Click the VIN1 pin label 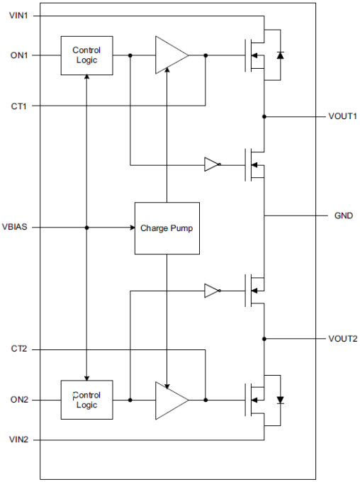pyautogui.click(x=18, y=16)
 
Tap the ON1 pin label pyautogui.click(x=19, y=55)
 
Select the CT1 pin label pyautogui.click(x=18, y=106)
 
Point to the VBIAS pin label pyautogui.click(x=14, y=227)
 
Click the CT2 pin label pyautogui.click(x=19, y=349)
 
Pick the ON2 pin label pyautogui.click(x=19, y=400)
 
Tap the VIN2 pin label pyautogui.click(x=18, y=439)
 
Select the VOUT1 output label pyautogui.click(x=342, y=116)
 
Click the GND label pyautogui.click(x=344, y=215)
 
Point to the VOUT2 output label pyautogui.click(x=343, y=339)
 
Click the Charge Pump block pyautogui.click(x=167, y=228)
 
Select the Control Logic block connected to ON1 pyautogui.click(x=86, y=55)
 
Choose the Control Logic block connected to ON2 pyautogui.click(x=86, y=400)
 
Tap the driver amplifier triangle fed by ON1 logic pyautogui.click(x=171, y=55)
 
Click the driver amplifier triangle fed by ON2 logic pyautogui.click(x=171, y=400)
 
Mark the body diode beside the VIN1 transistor pyautogui.click(x=280, y=55)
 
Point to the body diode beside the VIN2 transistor pyautogui.click(x=280, y=400)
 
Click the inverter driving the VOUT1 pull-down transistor pyautogui.click(x=213, y=164)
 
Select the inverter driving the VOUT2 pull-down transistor pyautogui.click(x=213, y=291)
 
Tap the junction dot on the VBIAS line pyautogui.click(x=86, y=228)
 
